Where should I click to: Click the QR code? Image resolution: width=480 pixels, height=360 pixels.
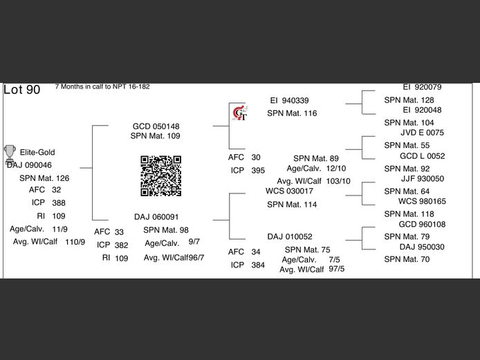coord(161,176)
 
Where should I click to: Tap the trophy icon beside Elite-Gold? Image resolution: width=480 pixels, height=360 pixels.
coord(10,151)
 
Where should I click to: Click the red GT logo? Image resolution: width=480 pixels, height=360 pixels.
coord(239,113)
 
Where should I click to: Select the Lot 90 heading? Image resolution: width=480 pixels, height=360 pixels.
coord(22,90)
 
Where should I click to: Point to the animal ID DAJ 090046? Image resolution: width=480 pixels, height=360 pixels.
coord(29,165)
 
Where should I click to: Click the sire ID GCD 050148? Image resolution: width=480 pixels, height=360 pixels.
coord(156,126)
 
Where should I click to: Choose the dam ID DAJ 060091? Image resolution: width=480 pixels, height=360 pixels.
coord(156,216)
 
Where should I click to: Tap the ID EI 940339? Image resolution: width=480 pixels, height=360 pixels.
coord(289,100)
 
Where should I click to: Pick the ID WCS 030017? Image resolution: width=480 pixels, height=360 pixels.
coord(290,191)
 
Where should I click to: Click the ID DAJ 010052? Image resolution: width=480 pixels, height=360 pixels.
coord(290,236)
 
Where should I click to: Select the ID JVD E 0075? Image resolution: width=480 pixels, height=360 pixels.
coord(422,133)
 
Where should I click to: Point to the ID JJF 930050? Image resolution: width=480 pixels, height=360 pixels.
coord(422,178)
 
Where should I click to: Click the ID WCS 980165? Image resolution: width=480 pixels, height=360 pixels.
coord(422,201)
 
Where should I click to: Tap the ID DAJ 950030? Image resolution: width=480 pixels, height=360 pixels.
coord(422,247)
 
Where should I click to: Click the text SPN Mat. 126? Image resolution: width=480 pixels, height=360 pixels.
coord(44,178)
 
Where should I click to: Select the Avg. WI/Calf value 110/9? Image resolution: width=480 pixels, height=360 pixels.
coord(75,242)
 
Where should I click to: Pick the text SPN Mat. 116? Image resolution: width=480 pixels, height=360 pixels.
coord(292,113)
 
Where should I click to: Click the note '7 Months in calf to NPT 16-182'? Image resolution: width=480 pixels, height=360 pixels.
coord(102,87)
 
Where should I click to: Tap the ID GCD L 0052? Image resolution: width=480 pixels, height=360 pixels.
coord(422,156)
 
